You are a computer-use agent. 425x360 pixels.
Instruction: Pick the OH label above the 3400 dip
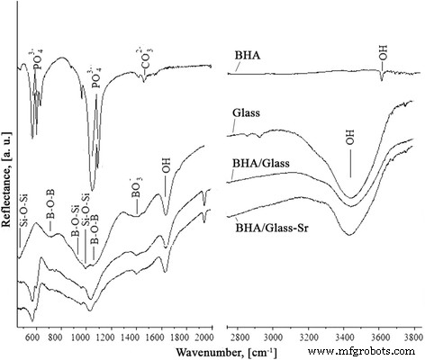click(x=349, y=141)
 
